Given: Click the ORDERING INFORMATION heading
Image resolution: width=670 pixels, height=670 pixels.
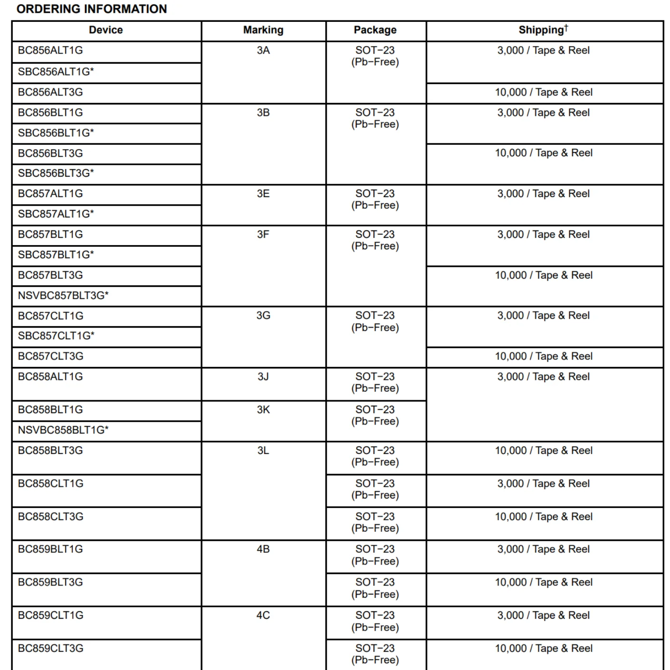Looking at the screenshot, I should pos(92,9).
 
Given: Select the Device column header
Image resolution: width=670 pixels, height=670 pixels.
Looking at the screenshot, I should pos(105,30).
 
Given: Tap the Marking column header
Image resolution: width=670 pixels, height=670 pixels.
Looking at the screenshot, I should pos(263,30).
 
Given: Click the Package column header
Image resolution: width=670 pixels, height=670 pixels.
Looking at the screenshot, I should pos(375,30).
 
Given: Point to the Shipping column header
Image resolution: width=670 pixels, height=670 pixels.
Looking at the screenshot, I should pos(541,30).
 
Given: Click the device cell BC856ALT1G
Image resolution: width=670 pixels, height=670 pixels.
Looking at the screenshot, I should pos(50,50).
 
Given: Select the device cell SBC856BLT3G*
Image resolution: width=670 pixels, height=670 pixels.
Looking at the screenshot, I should pos(56,173).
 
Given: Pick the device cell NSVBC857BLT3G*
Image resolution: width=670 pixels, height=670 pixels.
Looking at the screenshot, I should pos(63,295).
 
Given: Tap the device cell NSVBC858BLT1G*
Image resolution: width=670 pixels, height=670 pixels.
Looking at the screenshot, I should pos(63,430).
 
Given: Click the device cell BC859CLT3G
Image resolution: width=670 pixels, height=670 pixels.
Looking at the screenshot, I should pos(50,648).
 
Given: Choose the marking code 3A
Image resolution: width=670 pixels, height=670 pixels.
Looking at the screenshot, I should pos(263,50).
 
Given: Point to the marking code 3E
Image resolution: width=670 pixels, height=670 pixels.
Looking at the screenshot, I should pos(263,194).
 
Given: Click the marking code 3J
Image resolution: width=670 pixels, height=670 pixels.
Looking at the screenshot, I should pos(263,377).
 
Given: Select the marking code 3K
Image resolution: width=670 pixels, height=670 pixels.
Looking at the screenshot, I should pos(263,409).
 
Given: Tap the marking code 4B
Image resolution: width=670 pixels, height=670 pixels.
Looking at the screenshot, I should pos(263,549).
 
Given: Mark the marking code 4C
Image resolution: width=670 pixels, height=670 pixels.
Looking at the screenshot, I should pos(263,615).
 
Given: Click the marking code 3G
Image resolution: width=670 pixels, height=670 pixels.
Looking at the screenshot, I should pos(263,315).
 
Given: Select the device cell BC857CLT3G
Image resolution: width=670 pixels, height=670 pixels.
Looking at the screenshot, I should pos(50,356).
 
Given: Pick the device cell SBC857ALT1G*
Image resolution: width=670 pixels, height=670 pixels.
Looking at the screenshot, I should pos(56,214).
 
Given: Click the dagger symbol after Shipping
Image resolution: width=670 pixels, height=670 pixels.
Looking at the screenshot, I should pos(566,27).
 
